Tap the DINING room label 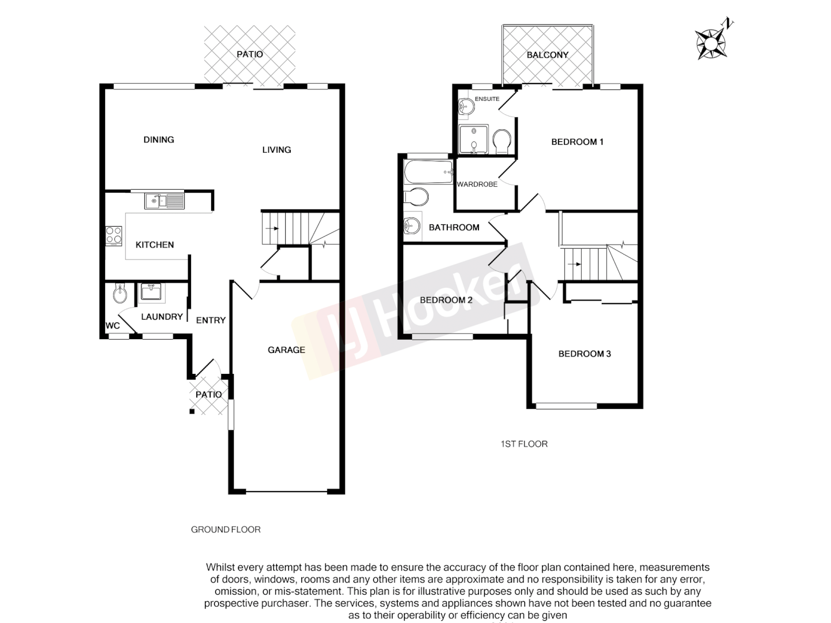159,140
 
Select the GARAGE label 286,350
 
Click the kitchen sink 164,201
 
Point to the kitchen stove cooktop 114,236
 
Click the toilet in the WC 120,294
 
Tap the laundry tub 151,292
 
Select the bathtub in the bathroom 428,171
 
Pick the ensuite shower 473,140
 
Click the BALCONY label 548,55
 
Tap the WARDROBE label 477,184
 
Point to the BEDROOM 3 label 585,354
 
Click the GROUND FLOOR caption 226,530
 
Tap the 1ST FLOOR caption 524,444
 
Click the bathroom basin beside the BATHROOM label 412,226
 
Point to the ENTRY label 211,320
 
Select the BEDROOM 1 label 577,142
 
